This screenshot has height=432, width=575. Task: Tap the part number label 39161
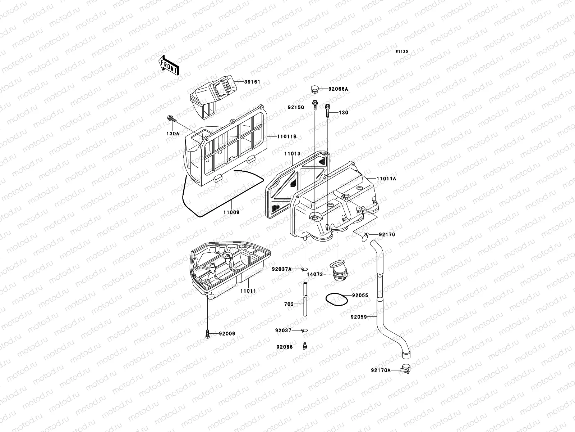click(x=253, y=82)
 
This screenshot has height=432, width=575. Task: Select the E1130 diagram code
click(x=402, y=52)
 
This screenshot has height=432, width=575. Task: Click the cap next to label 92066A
click(x=314, y=89)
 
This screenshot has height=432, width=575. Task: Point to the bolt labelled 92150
click(x=315, y=105)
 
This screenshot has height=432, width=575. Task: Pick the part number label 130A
click(x=172, y=133)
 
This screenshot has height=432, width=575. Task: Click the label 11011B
click(x=286, y=136)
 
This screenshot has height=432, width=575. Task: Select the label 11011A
click(x=386, y=179)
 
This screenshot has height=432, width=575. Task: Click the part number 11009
click(x=231, y=212)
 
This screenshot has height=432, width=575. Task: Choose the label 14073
click(x=315, y=274)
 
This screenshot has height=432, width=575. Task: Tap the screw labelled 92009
click(x=208, y=334)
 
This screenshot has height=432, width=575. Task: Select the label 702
click(x=289, y=304)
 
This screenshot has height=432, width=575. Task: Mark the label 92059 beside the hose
click(x=359, y=317)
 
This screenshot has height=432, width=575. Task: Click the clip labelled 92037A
click(x=305, y=269)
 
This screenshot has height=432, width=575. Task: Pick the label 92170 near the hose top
click(x=386, y=234)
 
